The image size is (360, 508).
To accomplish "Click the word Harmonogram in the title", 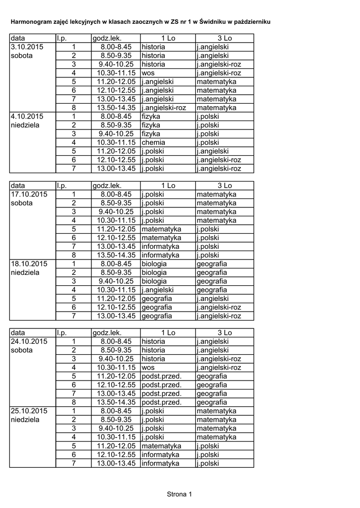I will [x=32, y=23].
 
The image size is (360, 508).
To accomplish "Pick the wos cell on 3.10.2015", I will [x=148, y=72].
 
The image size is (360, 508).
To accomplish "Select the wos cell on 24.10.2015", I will [x=148, y=368].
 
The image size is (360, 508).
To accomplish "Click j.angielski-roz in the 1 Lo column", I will [x=164, y=108].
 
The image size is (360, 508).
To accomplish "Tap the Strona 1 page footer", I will [x=179, y=494].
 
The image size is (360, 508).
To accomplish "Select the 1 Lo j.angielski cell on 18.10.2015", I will [x=157, y=290].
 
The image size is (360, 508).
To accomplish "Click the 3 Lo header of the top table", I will [x=224, y=38].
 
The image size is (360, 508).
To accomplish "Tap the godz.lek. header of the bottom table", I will [x=107, y=332].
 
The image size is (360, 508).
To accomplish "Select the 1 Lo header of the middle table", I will [x=168, y=186].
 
